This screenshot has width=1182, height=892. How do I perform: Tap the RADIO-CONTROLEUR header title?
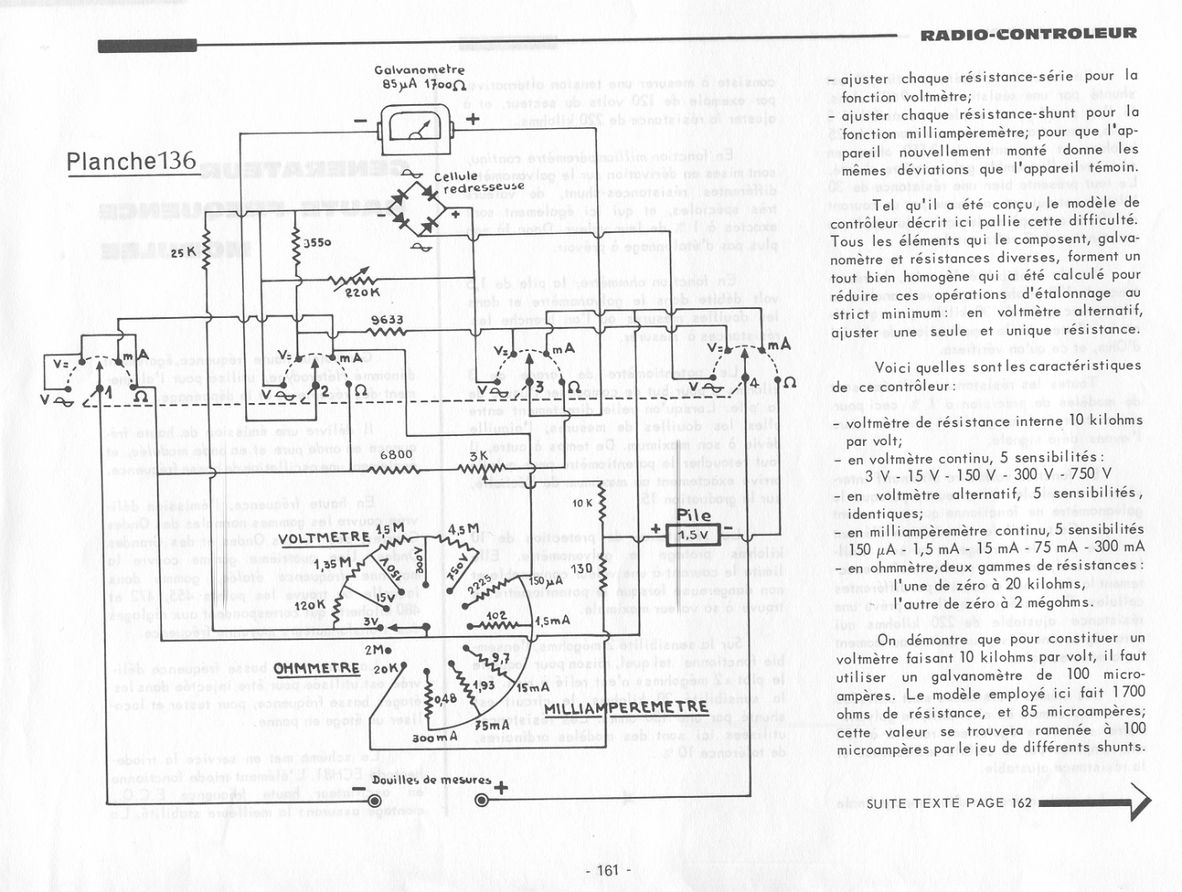click(1028, 34)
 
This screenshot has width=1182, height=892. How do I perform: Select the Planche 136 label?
click(131, 160)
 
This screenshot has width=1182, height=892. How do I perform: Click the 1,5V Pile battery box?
click(692, 535)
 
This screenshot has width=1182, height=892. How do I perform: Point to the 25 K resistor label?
click(183, 252)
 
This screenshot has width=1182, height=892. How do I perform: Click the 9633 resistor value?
click(387, 320)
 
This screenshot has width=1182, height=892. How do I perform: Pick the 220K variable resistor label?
click(362, 292)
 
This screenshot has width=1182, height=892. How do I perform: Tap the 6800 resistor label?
click(396, 454)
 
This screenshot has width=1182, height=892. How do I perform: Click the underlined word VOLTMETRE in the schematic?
click(324, 539)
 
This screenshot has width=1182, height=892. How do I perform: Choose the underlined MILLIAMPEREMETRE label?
click(625, 708)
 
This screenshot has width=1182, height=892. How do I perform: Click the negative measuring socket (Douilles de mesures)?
click(374, 799)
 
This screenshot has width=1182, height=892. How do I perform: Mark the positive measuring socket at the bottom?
click(483, 799)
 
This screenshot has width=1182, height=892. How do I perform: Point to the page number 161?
click(607, 870)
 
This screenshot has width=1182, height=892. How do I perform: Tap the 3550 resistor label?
click(317, 243)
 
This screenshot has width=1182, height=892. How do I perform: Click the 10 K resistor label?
click(582, 503)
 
